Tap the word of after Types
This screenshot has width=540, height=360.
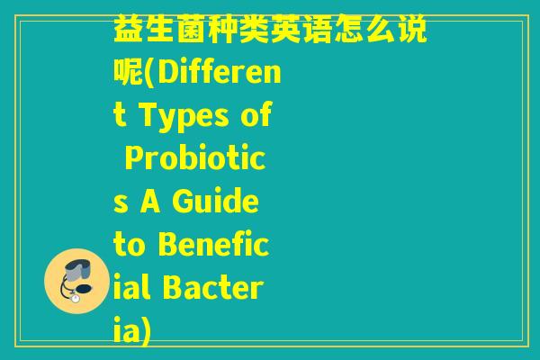tap(257, 117)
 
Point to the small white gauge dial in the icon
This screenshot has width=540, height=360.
tap(75, 299)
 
